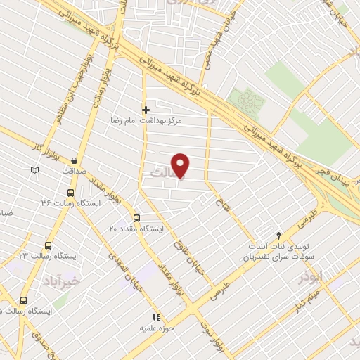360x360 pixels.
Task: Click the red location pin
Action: pos(181,166)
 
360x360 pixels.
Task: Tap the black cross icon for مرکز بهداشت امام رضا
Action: pos(146,110)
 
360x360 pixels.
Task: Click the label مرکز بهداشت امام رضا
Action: pos(146,121)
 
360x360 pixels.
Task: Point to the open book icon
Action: pos(35,169)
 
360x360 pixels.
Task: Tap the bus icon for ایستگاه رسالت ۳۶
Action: pos(70,192)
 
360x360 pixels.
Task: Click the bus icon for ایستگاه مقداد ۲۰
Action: pos(136,218)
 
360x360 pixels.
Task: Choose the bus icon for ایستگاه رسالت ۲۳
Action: pos(48,245)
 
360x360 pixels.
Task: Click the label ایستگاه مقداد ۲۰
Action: pos(136,229)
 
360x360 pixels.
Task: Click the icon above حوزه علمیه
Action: pos(156,318)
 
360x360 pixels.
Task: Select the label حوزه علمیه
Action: pos(156,328)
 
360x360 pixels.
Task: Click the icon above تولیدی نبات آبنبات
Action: pos(279,236)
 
